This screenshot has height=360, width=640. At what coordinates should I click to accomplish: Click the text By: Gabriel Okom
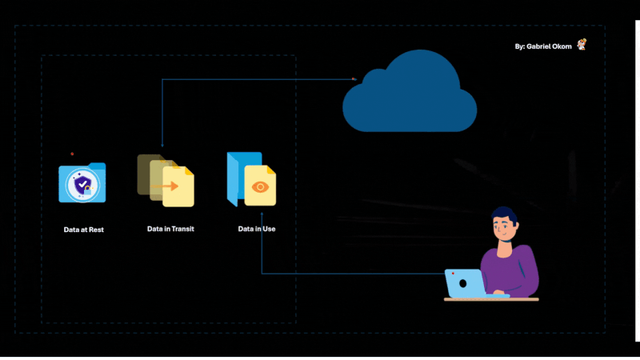click(x=543, y=46)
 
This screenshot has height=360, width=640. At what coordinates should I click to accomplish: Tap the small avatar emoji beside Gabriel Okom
click(x=582, y=45)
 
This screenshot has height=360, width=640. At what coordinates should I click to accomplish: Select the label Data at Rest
click(x=84, y=230)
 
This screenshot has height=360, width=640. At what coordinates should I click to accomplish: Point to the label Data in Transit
click(x=170, y=229)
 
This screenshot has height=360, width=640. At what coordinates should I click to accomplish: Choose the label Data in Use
click(x=257, y=229)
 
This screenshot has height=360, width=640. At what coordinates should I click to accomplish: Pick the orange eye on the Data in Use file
click(x=260, y=186)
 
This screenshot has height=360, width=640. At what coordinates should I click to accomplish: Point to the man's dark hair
click(x=504, y=214)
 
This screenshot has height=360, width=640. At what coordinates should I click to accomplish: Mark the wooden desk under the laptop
click(x=491, y=299)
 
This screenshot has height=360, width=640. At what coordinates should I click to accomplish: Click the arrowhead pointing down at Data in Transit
click(x=162, y=144)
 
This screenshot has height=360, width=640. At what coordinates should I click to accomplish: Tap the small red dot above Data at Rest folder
click(x=72, y=154)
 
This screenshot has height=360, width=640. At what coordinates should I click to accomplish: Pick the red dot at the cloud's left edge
click(x=353, y=78)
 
